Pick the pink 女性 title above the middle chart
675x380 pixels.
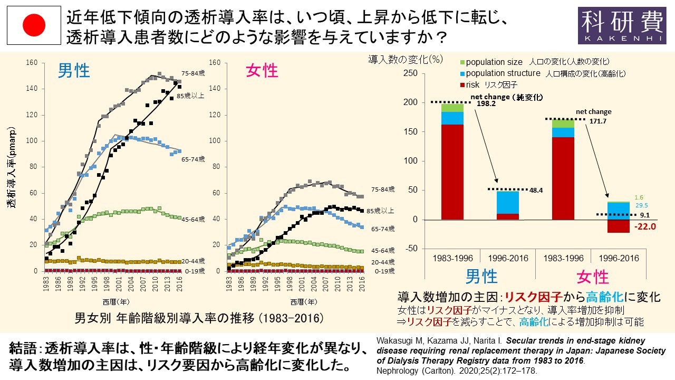(262, 71)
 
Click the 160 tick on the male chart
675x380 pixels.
(32, 62)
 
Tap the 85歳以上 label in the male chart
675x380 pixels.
(190, 96)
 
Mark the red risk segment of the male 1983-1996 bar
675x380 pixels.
(452, 172)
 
